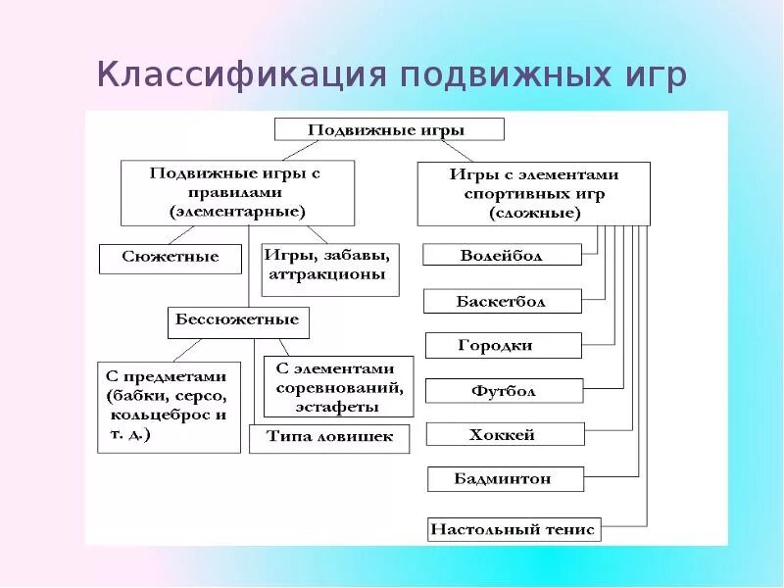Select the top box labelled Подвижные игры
[389, 129]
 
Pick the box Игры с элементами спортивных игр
[534, 194]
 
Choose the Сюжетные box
[171, 259]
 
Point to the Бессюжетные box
[238, 321]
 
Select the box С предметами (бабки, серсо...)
[169, 408]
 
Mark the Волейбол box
[502, 255]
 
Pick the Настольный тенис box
[513, 529]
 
